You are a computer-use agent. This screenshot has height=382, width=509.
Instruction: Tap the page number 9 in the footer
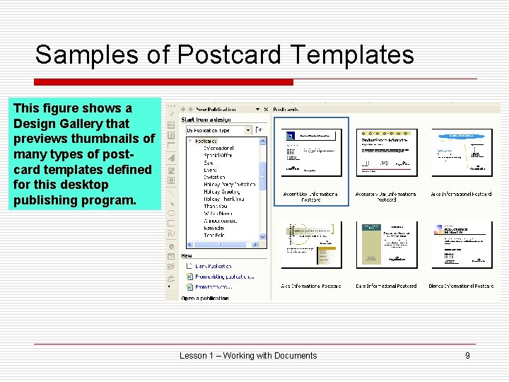click(x=467, y=355)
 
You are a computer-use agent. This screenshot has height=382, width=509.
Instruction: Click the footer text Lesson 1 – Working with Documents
click(x=248, y=355)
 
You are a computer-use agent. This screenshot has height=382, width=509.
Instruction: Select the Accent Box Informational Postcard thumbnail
click(x=311, y=152)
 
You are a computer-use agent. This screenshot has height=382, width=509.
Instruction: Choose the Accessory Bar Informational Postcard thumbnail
click(x=385, y=152)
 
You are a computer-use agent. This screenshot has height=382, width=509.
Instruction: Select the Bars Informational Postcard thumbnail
click(x=385, y=245)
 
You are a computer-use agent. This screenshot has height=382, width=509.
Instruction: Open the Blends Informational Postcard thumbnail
click(x=462, y=245)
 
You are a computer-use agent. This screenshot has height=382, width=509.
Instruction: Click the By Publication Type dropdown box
click(x=218, y=130)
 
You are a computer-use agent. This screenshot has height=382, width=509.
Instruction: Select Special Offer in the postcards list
click(x=219, y=155)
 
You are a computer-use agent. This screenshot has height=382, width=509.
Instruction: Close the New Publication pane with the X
click(x=266, y=109)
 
